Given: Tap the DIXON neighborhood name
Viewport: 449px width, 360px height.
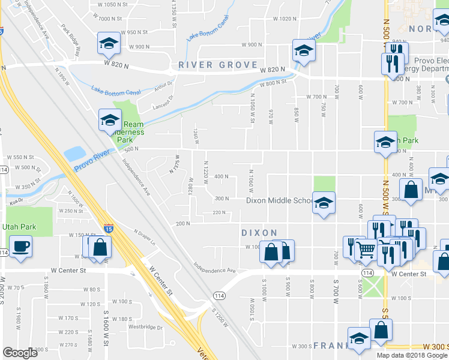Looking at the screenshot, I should [x=259, y=233].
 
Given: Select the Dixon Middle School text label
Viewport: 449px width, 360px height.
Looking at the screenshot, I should [x=279, y=200].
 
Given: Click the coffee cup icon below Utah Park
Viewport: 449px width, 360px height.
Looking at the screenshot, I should [x=20, y=248].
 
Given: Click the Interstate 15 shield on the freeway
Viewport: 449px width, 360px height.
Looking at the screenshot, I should [x=108, y=228].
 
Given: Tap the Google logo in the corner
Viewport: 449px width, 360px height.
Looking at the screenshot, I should [x=20, y=353].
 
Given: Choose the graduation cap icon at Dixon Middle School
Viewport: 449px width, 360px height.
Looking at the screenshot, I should [x=324, y=205].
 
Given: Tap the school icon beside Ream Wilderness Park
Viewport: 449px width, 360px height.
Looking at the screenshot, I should [x=110, y=120].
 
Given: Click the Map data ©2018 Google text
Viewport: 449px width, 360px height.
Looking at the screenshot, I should [x=412, y=355].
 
